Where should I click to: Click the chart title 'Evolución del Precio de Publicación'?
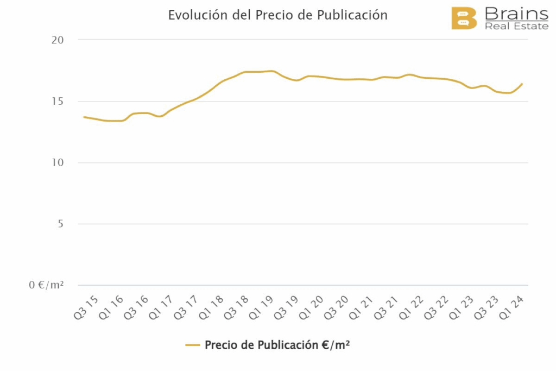(x=277, y=15)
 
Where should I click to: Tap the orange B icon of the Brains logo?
(x=464, y=18)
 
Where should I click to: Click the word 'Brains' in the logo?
(x=516, y=13)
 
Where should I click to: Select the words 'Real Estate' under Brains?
(x=516, y=26)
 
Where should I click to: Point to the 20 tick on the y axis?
(x=58, y=40)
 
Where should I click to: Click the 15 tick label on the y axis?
(x=58, y=102)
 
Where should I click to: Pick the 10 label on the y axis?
(x=58, y=163)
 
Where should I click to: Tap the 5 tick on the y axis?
(x=60, y=224)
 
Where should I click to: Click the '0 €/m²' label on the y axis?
(x=46, y=285)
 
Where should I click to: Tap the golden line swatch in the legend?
(x=193, y=345)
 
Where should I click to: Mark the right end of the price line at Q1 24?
(x=522, y=84)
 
